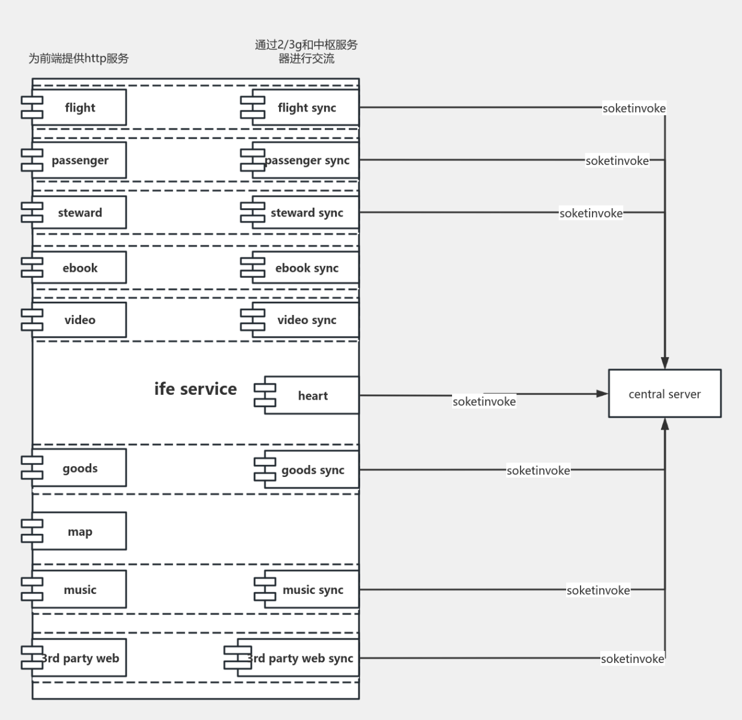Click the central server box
665,394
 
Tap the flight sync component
306,108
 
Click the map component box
79,532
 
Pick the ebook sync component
306,268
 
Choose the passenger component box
79,160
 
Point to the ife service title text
195,389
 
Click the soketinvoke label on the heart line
484,401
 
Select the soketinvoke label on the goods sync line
538,470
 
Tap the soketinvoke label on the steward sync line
591,213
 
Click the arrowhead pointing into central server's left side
602,394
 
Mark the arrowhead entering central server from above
665,362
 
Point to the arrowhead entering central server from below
665,424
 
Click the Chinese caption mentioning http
79,58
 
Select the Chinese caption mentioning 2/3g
306,52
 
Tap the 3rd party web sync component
299,658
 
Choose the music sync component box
312,590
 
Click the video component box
79,320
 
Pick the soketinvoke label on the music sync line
598,590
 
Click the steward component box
79,212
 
